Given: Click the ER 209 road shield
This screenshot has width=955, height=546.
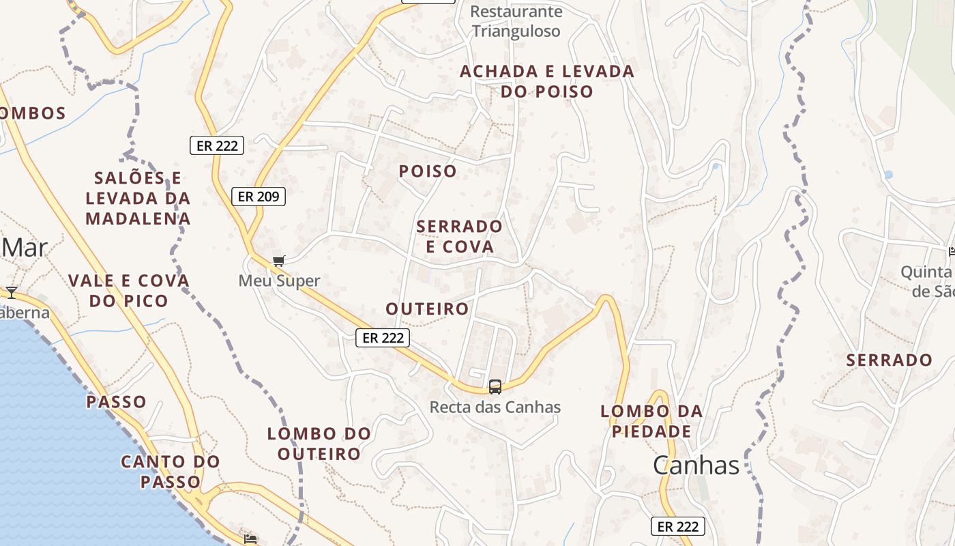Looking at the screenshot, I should point(259,197).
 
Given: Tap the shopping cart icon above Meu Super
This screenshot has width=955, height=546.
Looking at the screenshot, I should point(278,261).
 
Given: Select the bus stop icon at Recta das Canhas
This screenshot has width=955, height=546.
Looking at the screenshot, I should point(495,386).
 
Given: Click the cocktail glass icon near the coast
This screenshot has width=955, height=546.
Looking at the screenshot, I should point(12,293).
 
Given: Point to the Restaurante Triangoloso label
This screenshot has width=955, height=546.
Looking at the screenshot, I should point(516,21).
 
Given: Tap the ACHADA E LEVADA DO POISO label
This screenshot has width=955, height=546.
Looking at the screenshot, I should point(547,81).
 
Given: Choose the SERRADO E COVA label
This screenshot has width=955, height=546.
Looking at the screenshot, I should point(459,236).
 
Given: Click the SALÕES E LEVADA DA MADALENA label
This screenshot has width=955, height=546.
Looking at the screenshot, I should point(138,199).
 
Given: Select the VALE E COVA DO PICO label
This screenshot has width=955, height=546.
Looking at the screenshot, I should point(128,291).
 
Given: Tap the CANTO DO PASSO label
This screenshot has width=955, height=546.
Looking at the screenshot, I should point(171,472).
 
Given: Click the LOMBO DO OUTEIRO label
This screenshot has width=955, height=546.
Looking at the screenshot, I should point(319,444).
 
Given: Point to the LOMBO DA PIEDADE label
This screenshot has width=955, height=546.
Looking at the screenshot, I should point(651,421).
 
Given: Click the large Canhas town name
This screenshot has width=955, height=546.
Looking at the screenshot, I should point(696,465).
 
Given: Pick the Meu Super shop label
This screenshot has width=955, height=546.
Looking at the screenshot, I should point(279,281).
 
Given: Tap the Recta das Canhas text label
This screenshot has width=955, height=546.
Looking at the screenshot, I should point(495,407).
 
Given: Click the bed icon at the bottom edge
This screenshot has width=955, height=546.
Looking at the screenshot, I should point(250,538).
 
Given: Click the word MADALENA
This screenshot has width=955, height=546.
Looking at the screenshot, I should point(138,219).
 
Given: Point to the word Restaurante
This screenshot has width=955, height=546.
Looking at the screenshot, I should point(516,12).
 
